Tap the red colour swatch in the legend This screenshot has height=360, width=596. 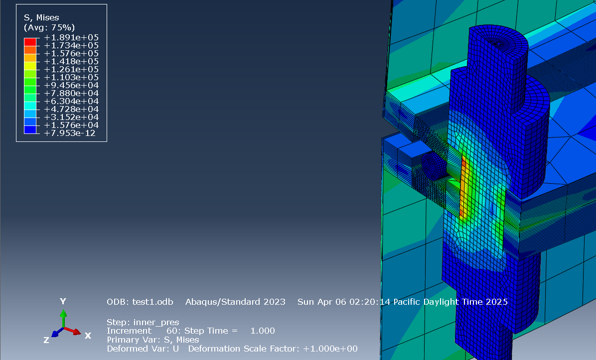coord(30,42)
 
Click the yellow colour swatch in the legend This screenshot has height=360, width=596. coord(30,66)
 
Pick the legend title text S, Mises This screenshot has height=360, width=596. coord(41,18)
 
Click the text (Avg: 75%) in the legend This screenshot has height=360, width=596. coord(49,27)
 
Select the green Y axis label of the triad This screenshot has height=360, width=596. coord(63,301)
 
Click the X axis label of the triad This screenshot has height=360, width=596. coord(88,336)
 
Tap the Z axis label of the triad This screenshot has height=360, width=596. coord(46,340)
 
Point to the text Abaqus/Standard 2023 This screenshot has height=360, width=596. coord(235,302)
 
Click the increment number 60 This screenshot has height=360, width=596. coord(172,331)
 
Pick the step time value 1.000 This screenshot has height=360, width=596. coord(262,331)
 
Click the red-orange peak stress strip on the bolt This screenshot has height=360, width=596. coord(464,184)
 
